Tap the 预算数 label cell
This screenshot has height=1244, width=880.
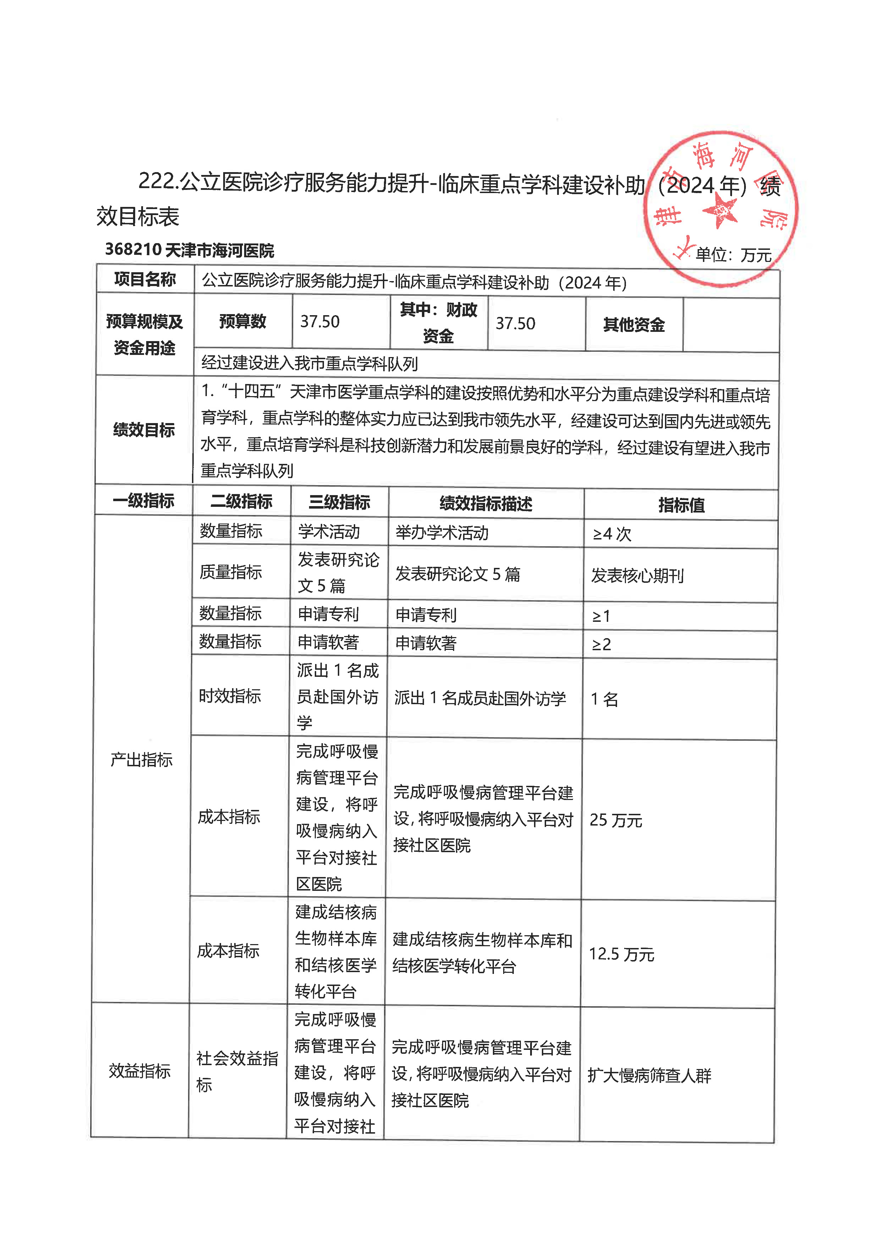click(x=242, y=322)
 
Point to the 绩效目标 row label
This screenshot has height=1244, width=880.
click(x=144, y=430)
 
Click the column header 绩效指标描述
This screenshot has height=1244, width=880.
click(x=485, y=504)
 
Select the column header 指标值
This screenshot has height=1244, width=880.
click(x=681, y=505)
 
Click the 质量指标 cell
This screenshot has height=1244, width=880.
click(x=231, y=572)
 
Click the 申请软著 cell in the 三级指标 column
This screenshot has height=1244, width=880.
click(x=328, y=642)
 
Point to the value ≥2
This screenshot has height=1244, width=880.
click(x=601, y=645)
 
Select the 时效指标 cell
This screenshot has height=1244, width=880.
click(x=230, y=696)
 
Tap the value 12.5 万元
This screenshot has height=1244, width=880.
click(x=622, y=954)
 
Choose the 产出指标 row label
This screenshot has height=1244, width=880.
click(x=142, y=760)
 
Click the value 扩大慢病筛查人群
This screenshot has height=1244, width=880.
click(x=649, y=1075)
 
